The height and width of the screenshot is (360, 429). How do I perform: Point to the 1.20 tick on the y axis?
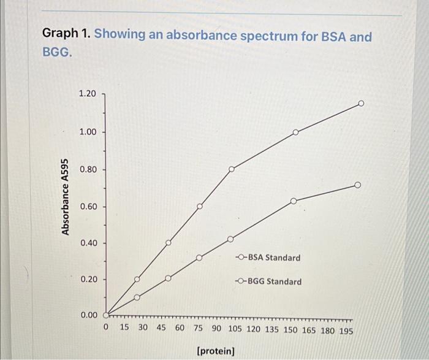pyautogui.click(x=88, y=94)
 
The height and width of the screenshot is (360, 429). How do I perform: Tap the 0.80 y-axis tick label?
pyautogui.click(x=88, y=169)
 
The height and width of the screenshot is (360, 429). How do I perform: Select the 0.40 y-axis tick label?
pyautogui.click(x=88, y=243)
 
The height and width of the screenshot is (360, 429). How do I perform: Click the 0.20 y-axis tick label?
pyautogui.click(x=88, y=279)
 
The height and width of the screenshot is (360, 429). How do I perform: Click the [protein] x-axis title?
pyautogui.click(x=215, y=351)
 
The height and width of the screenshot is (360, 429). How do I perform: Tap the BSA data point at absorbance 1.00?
pyautogui.click(x=295, y=132)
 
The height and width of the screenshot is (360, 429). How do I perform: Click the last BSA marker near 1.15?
pyautogui.click(x=361, y=104)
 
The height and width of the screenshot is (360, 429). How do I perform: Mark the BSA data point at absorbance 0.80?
pyautogui.click(x=232, y=169)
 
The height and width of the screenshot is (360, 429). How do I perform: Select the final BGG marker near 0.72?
pyautogui.click(x=358, y=185)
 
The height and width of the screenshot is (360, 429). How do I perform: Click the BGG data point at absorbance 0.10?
pyautogui.click(x=137, y=297)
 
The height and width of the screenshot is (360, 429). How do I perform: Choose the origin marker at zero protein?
pyautogui.click(x=105, y=315)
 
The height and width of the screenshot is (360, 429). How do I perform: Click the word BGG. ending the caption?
pyautogui.click(x=57, y=53)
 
